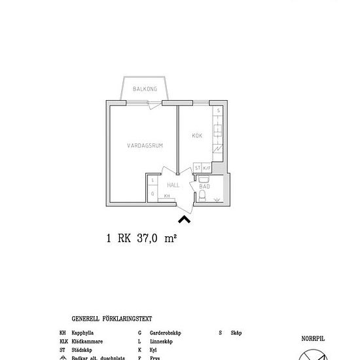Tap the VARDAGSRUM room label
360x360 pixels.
tap(145, 146)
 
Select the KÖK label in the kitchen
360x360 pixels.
tap(196, 135)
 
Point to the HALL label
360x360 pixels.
tap(173, 185)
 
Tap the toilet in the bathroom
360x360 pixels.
tap(204, 196)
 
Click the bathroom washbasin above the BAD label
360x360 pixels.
tap(203, 177)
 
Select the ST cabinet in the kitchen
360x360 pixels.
tap(198, 168)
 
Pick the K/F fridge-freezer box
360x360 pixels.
tap(207, 168)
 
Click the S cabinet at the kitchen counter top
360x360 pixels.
tap(218, 111)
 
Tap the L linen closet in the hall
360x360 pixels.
tap(152, 180)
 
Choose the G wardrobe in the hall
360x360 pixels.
tap(152, 194)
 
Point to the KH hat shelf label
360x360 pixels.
tap(168, 196)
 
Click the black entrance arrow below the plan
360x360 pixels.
tap(184, 220)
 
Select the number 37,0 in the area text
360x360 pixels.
tap(149, 240)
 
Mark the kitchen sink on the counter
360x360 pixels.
tap(217, 129)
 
